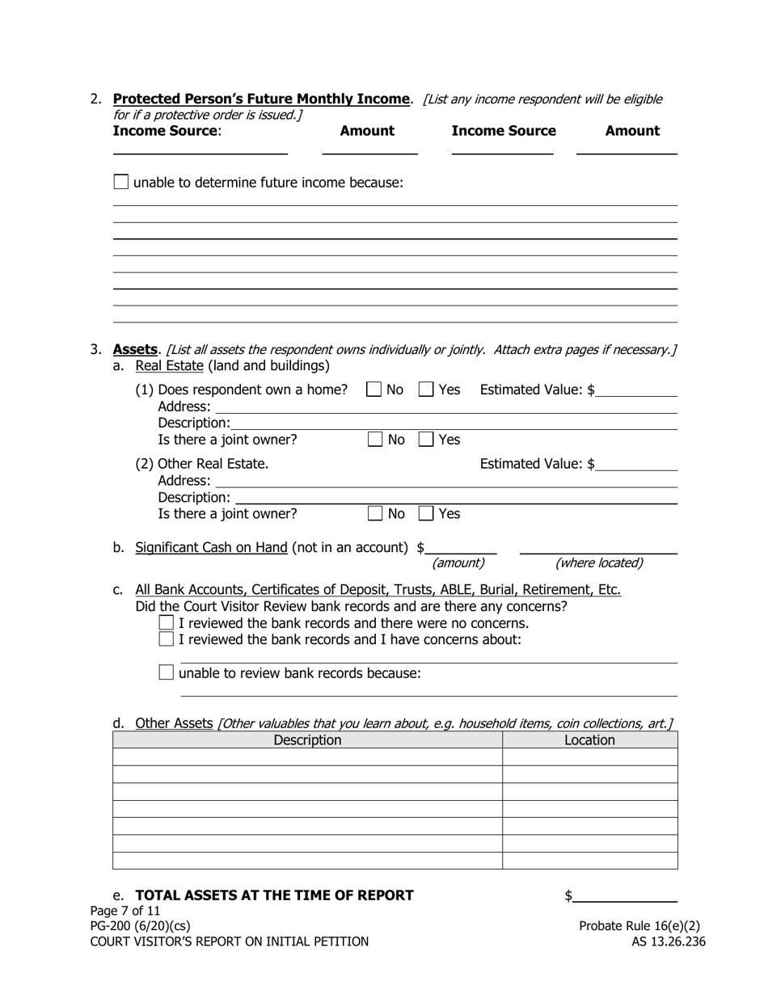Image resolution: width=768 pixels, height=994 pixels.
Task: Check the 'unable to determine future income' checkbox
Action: [x=121, y=182]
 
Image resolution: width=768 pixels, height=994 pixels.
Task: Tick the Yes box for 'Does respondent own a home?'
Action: [x=426, y=390]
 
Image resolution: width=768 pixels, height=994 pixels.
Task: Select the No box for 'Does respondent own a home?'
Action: [x=374, y=390]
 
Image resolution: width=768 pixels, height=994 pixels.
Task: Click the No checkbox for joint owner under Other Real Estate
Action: [x=375, y=513]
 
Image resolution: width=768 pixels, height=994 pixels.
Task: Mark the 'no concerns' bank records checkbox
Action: [x=167, y=623]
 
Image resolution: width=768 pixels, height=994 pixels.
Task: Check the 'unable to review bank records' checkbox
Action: [x=167, y=672]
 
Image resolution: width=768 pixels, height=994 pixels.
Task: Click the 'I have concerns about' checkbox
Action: [x=167, y=639]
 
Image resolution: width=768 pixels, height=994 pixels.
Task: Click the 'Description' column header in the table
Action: [x=307, y=740]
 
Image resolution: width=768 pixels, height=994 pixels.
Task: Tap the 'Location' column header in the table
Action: [x=589, y=740]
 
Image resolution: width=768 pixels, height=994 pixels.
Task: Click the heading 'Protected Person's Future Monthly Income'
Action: [x=261, y=99]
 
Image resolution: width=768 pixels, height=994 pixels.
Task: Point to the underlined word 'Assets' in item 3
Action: [x=135, y=349]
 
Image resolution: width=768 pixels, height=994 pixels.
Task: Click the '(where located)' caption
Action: [x=599, y=563]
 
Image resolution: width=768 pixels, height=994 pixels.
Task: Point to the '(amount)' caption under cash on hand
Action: [x=458, y=563]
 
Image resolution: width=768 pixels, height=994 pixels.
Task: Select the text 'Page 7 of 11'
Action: [x=125, y=911]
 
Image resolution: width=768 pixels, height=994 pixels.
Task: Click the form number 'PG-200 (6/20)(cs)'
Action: [x=141, y=926]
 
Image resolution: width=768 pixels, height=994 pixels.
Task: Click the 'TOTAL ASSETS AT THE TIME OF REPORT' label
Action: [x=274, y=895]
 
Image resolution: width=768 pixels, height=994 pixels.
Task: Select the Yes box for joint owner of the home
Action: [x=426, y=440]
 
